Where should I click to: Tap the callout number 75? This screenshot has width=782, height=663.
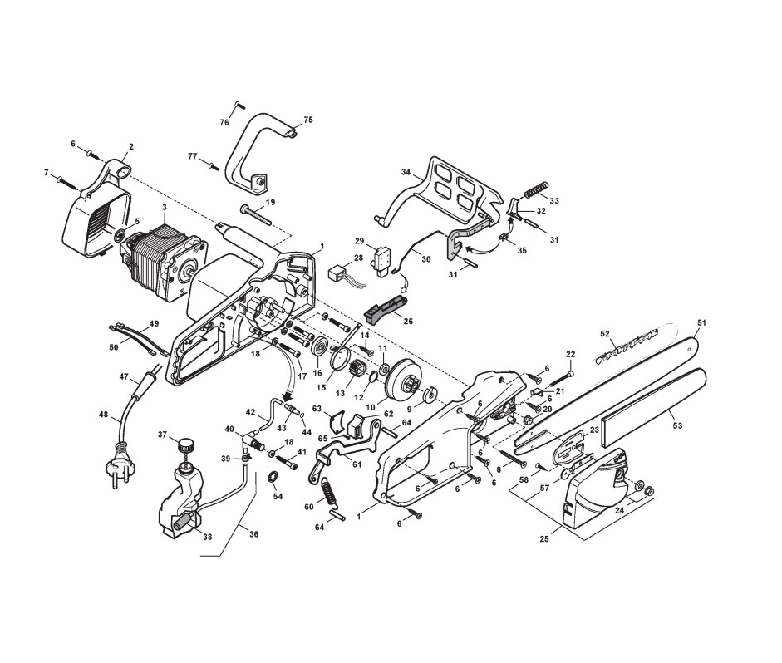[308, 120]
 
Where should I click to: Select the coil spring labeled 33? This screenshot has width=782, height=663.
[537, 189]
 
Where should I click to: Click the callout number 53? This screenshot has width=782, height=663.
[677, 425]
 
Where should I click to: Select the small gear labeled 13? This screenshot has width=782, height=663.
[357, 368]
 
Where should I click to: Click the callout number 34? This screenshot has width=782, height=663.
[406, 173]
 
